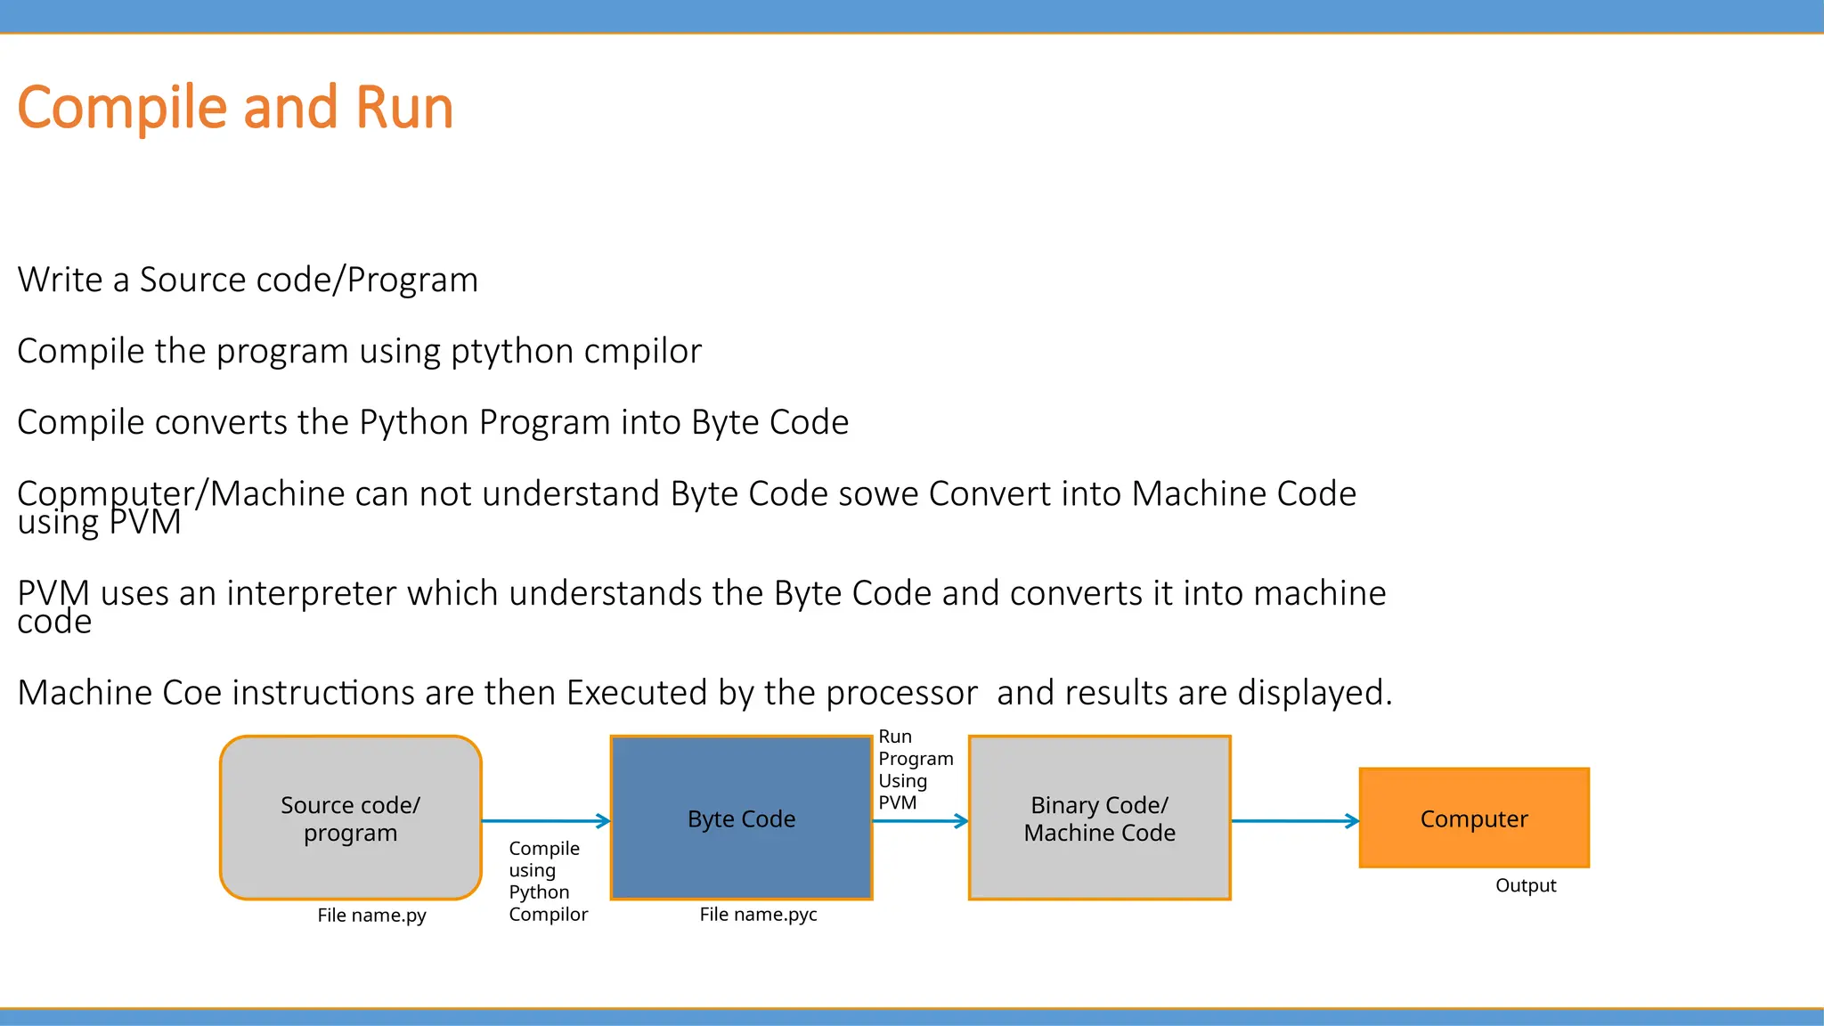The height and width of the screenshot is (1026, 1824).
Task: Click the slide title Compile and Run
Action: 235,108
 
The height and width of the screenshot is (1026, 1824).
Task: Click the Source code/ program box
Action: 350,818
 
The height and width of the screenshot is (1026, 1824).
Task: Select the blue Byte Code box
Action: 741,818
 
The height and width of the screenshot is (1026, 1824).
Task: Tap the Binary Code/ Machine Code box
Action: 1099,818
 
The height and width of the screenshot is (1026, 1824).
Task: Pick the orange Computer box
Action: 1474,818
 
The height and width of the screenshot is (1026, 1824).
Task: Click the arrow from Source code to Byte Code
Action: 545,821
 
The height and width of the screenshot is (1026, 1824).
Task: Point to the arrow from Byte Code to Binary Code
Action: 919,821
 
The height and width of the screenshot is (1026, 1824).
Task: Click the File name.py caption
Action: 371,916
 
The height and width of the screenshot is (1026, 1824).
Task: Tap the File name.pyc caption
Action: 758,915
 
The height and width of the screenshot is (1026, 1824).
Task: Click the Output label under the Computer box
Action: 1526,885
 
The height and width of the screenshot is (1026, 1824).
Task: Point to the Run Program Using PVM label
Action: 915,769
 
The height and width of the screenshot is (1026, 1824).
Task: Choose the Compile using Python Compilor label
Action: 547,881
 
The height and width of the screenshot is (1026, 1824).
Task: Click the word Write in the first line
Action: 60,280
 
